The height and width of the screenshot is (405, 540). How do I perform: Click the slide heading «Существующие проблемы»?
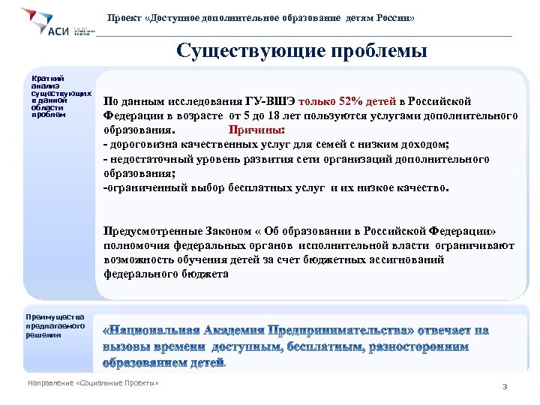click(301, 52)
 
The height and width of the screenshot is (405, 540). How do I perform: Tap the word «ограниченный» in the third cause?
click(142, 187)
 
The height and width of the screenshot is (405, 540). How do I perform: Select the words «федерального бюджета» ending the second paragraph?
click(166, 274)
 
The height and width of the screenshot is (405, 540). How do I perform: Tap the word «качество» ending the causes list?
click(420, 187)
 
